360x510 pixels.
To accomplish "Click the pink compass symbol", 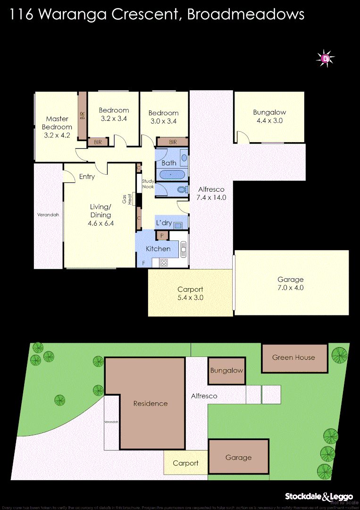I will [x=325, y=59].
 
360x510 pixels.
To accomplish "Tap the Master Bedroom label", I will [x=57, y=123].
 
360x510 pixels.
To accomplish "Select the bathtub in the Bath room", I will [x=171, y=175].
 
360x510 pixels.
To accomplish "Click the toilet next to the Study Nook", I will [x=181, y=190].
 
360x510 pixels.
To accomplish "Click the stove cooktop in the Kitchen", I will [x=164, y=263].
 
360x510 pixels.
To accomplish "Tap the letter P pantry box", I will [x=162, y=235].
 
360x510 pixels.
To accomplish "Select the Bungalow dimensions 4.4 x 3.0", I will [x=269, y=121].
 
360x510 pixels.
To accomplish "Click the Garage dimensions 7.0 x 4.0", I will [x=290, y=288].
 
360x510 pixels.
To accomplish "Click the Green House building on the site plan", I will [x=293, y=357].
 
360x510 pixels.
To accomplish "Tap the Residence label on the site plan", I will [x=151, y=403].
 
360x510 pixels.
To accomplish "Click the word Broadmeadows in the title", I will [x=245, y=14].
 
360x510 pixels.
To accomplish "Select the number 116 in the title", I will [x=21, y=14].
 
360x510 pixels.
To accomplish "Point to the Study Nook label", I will [x=148, y=184].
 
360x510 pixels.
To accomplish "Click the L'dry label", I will [x=163, y=222].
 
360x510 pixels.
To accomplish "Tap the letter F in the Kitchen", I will [x=143, y=263].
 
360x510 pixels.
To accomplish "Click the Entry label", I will [x=87, y=177].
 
